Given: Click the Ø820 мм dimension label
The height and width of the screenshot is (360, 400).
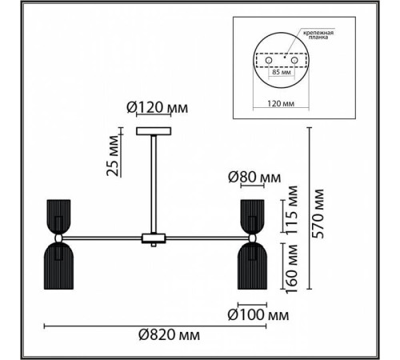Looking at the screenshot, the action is point(169,334).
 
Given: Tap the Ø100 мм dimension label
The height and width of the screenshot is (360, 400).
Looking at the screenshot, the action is point(258,315).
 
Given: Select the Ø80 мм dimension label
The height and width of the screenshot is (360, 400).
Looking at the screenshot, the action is point(254,177).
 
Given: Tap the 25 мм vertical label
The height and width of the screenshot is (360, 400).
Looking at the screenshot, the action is point(112,156).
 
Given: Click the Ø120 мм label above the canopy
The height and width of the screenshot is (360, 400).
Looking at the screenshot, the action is point(158,108).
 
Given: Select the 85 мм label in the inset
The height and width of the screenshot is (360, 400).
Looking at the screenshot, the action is point(282,72).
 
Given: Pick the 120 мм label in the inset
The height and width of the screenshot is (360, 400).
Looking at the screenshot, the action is point(281,103).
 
